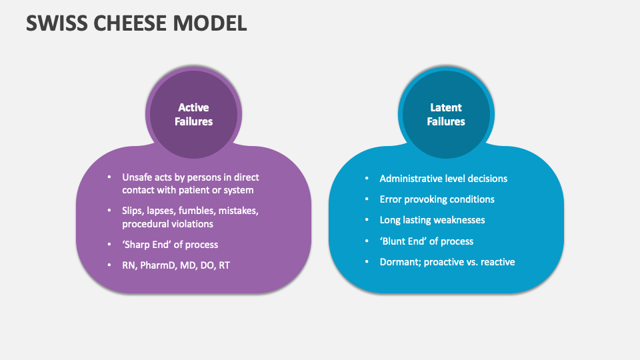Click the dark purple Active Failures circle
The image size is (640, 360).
tap(193, 115)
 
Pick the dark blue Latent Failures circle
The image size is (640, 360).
tap(446, 115)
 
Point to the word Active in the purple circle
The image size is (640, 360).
tap(193, 107)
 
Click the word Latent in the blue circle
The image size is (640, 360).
tap(446, 107)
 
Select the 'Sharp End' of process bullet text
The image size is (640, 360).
tap(170, 244)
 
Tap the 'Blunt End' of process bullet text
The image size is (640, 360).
tap(427, 241)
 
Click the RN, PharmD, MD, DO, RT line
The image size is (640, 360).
tap(176, 265)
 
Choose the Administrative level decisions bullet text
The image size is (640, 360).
tap(443, 179)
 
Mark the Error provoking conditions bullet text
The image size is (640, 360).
tap(437, 199)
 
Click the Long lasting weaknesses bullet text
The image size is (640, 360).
tap(432, 220)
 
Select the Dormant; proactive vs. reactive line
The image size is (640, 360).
tap(447, 262)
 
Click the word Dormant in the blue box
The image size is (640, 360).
tap(399, 262)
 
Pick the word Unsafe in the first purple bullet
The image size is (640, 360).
tap(137, 177)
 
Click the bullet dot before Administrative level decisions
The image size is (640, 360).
tap(366, 179)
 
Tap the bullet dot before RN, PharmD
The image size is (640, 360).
tap(109, 265)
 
